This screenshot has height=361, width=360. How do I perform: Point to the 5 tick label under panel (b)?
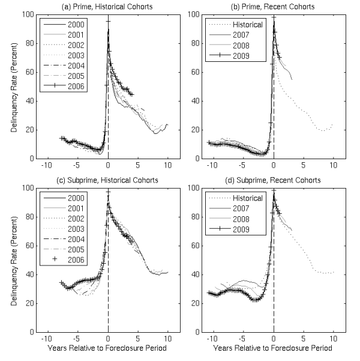point(303,165)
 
